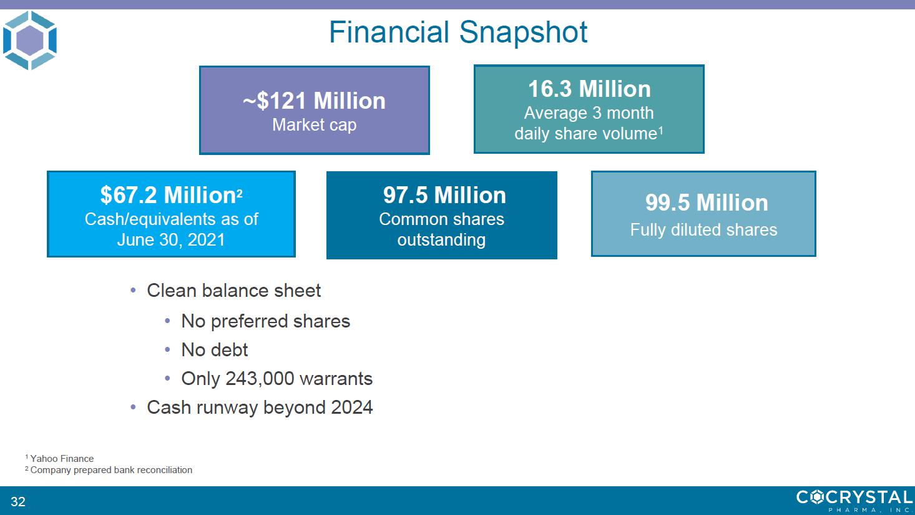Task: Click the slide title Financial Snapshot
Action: click(458, 32)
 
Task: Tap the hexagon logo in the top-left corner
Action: click(30, 40)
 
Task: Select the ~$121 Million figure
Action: click(314, 101)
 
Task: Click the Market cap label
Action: click(314, 125)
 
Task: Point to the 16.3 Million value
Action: click(589, 89)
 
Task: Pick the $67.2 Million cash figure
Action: click(171, 195)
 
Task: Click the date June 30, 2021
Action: click(171, 240)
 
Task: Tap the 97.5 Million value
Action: click(444, 195)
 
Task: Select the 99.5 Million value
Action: click(707, 202)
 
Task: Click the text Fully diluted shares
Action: click(703, 229)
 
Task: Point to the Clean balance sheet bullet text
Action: click(233, 291)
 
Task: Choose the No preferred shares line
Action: click(265, 321)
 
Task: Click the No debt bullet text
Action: click(215, 350)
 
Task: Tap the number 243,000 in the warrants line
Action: click(260, 379)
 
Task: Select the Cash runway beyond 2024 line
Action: click(260, 407)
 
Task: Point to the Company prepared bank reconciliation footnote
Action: click(109, 470)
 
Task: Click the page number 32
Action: click(18, 501)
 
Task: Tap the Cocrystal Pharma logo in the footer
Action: click(854, 501)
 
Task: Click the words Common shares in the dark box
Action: click(441, 219)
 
